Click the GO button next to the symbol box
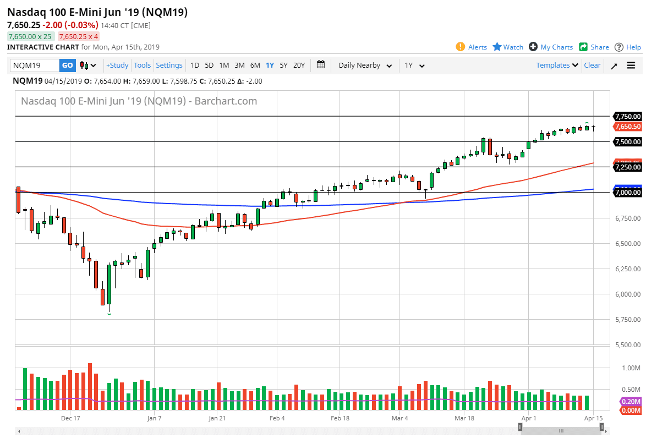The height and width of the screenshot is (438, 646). click(67, 65)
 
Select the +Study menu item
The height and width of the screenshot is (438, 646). click(117, 65)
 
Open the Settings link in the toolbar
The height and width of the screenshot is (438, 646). click(169, 65)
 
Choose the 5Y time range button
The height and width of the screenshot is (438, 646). click(283, 65)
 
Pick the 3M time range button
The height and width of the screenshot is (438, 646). click(239, 65)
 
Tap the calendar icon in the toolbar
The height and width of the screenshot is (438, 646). click(321, 65)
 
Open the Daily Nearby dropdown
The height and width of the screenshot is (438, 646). click(365, 65)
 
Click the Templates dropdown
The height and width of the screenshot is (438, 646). click(557, 65)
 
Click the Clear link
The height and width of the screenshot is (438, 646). click(592, 65)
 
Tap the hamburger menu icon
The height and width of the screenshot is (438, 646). click(631, 65)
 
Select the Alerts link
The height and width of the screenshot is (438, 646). click(472, 47)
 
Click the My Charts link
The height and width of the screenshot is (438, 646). click(551, 47)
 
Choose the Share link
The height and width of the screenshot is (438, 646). click(594, 47)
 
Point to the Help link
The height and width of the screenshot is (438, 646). click(628, 47)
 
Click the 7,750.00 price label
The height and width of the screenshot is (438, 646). click(628, 117)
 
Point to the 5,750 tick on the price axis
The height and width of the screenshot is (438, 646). click(627, 320)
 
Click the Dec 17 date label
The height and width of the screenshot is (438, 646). click(71, 418)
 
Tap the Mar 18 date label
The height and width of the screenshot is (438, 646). click(464, 418)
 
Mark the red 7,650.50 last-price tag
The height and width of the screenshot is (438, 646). click(628, 127)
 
